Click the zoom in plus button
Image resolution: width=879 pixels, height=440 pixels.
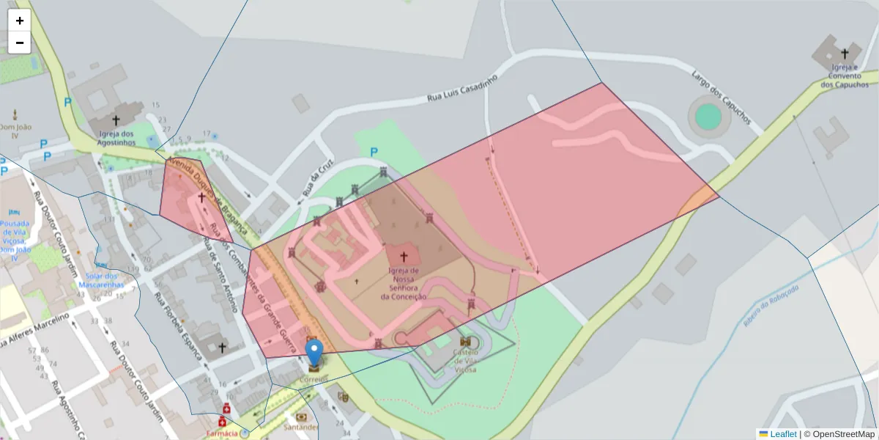[20, 21]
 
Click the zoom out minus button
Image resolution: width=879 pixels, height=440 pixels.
[20, 43]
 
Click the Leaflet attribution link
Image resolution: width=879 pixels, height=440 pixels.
[783, 434]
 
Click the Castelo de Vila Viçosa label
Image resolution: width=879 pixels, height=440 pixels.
[464, 361]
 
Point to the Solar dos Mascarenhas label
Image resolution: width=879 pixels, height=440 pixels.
[100, 279]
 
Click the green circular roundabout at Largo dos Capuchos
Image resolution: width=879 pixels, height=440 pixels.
[708, 116]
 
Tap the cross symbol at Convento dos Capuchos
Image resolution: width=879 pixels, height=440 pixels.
[844, 54]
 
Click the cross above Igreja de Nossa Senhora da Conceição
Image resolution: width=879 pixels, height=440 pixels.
[403, 257]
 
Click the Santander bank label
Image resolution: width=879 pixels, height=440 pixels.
[301, 427]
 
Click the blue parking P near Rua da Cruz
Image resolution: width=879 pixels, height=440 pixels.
[374, 153]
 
